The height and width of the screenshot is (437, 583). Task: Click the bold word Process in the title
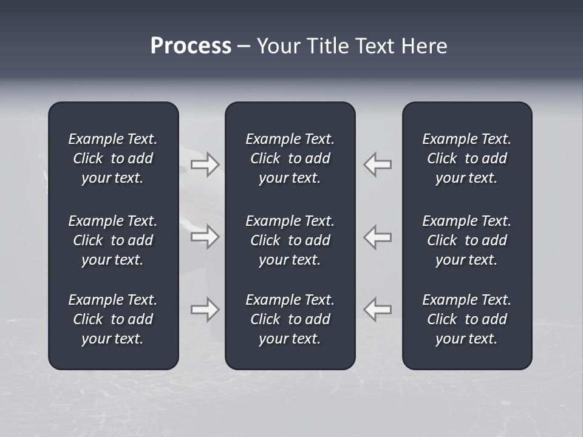[191, 46]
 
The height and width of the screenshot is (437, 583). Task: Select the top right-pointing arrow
[205, 164]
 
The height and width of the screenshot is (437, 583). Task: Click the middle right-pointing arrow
[205, 237]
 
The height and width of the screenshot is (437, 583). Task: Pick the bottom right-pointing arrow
[205, 310]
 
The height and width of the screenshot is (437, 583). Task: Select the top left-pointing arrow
[378, 164]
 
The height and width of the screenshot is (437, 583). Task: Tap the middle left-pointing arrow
[378, 237]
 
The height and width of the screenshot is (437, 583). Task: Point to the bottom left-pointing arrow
[378, 310]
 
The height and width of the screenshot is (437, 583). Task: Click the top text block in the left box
[113, 158]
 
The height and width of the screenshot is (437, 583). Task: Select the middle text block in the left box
[113, 240]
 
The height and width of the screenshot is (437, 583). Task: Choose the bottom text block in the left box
[113, 319]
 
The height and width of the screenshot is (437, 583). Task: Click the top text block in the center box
[290, 158]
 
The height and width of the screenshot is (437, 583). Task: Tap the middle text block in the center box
[290, 240]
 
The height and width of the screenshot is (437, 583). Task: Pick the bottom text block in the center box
[290, 319]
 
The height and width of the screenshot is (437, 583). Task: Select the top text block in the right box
[466, 158]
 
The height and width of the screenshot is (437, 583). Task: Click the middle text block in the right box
[466, 240]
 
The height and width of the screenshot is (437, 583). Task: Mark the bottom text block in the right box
[466, 319]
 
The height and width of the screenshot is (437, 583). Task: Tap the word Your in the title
[278, 46]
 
